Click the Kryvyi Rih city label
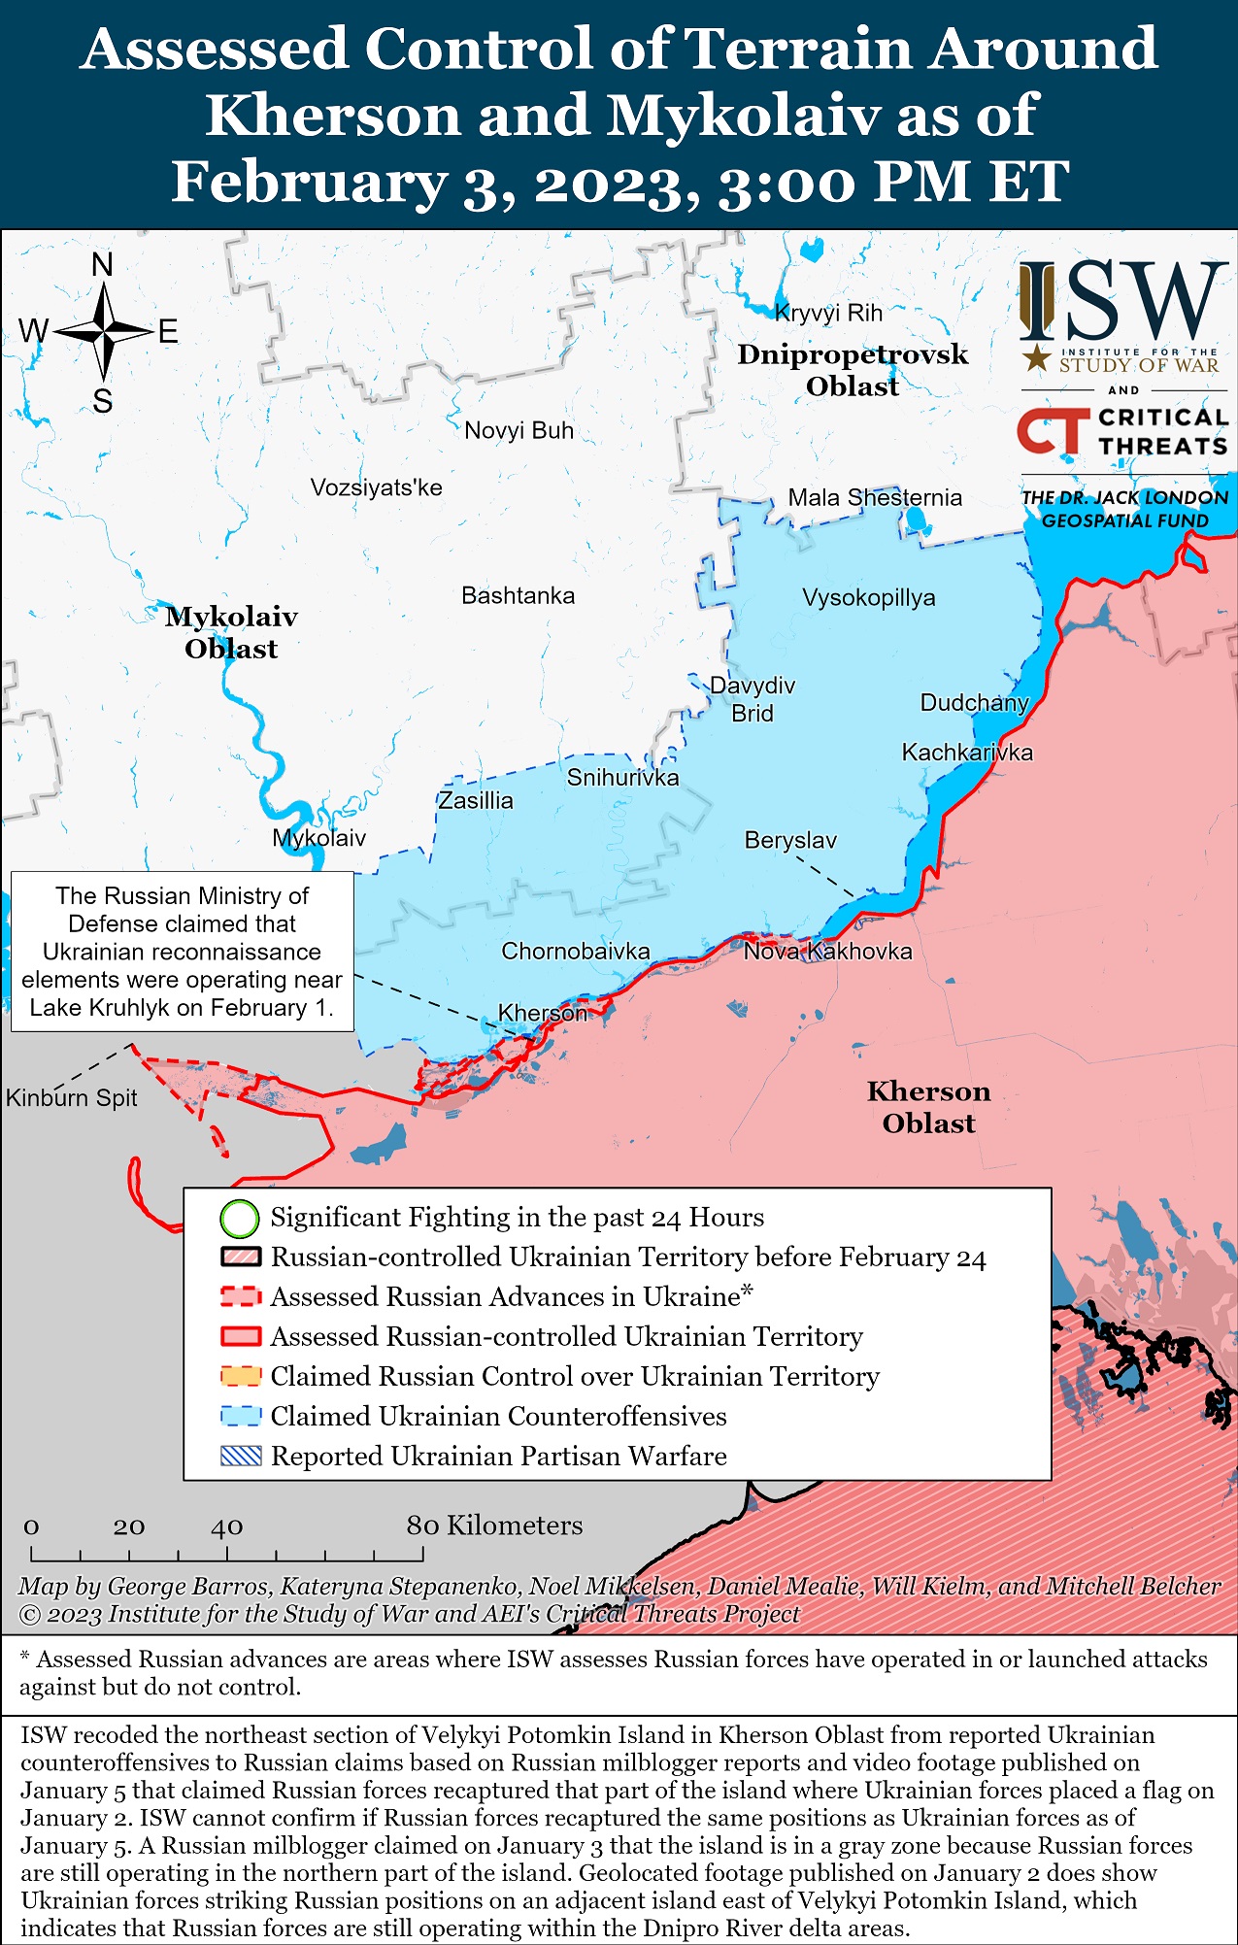point(828,313)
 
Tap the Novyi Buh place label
point(519,430)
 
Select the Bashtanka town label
point(518,595)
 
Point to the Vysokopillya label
point(868,597)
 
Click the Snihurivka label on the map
point(622,777)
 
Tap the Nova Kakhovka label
point(827,951)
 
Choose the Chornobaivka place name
point(575,951)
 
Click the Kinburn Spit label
point(71,1097)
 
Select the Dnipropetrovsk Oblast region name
point(853,370)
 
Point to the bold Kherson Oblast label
point(928,1107)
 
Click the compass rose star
point(103,332)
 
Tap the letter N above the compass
point(102,264)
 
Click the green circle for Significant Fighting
point(240,1218)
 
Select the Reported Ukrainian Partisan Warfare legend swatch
point(240,1456)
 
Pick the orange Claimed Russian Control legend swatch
point(240,1376)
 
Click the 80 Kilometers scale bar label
point(494,1526)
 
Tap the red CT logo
point(1053,430)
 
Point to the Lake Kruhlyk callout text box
point(182,951)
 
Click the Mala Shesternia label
point(874,497)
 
